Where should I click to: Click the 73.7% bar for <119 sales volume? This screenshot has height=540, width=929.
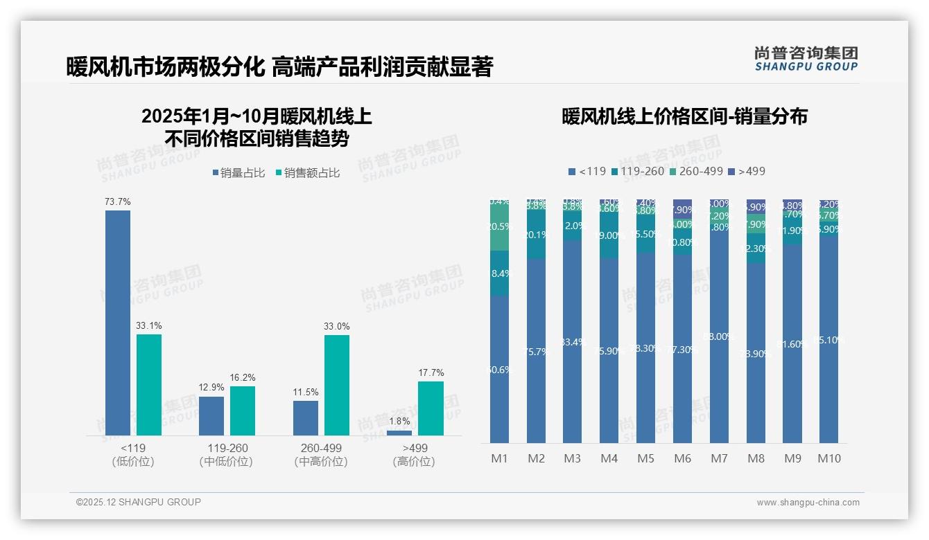(x=118, y=323)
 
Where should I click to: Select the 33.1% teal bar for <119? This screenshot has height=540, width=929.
(x=149, y=385)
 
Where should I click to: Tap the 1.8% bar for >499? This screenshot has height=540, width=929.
(x=399, y=433)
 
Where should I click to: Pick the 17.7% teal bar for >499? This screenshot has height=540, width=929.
(x=431, y=408)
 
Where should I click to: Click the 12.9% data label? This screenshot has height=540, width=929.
(x=211, y=388)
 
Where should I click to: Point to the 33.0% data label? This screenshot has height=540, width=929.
(x=337, y=326)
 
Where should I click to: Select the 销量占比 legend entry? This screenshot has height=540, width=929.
(x=238, y=173)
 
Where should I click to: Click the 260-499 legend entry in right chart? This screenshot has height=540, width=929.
(x=696, y=171)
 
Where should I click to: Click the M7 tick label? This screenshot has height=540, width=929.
(x=719, y=458)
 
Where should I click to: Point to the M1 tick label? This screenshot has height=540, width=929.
(x=500, y=458)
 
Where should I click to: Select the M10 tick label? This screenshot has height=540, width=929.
(x=829, y=458)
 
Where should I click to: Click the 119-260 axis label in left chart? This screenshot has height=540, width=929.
(x=227, y=448)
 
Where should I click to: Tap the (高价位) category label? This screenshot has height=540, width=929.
(x=414, y=462)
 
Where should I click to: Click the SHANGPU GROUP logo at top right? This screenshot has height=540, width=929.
(x=806, y=59)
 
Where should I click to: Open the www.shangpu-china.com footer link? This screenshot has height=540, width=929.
(x=808, y=503)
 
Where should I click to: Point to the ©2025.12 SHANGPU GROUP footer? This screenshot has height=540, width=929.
(x=139, y=503)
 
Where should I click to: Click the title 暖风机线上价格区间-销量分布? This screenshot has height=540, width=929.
(x=684, y=116)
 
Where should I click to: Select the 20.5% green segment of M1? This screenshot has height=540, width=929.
(x=500, y=227)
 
